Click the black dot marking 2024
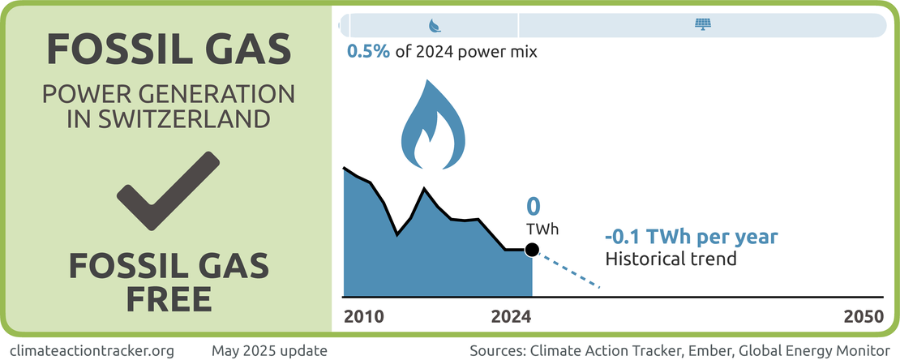coord(532,250)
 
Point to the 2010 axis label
coord(366,317)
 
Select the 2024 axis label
coord(510,317)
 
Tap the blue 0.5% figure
coord(369,52)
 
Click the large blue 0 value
coord(533,206)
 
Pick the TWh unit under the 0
coord(542,229)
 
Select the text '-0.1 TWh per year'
coord(692,238)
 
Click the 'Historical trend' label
coord(671,259)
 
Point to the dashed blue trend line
coord(568,270)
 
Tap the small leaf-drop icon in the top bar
coord(435,25)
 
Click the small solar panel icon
coord(702,25)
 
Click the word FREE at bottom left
coord(169,298)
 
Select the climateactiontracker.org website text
coord(90,351)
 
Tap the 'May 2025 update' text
coord(269,351)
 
